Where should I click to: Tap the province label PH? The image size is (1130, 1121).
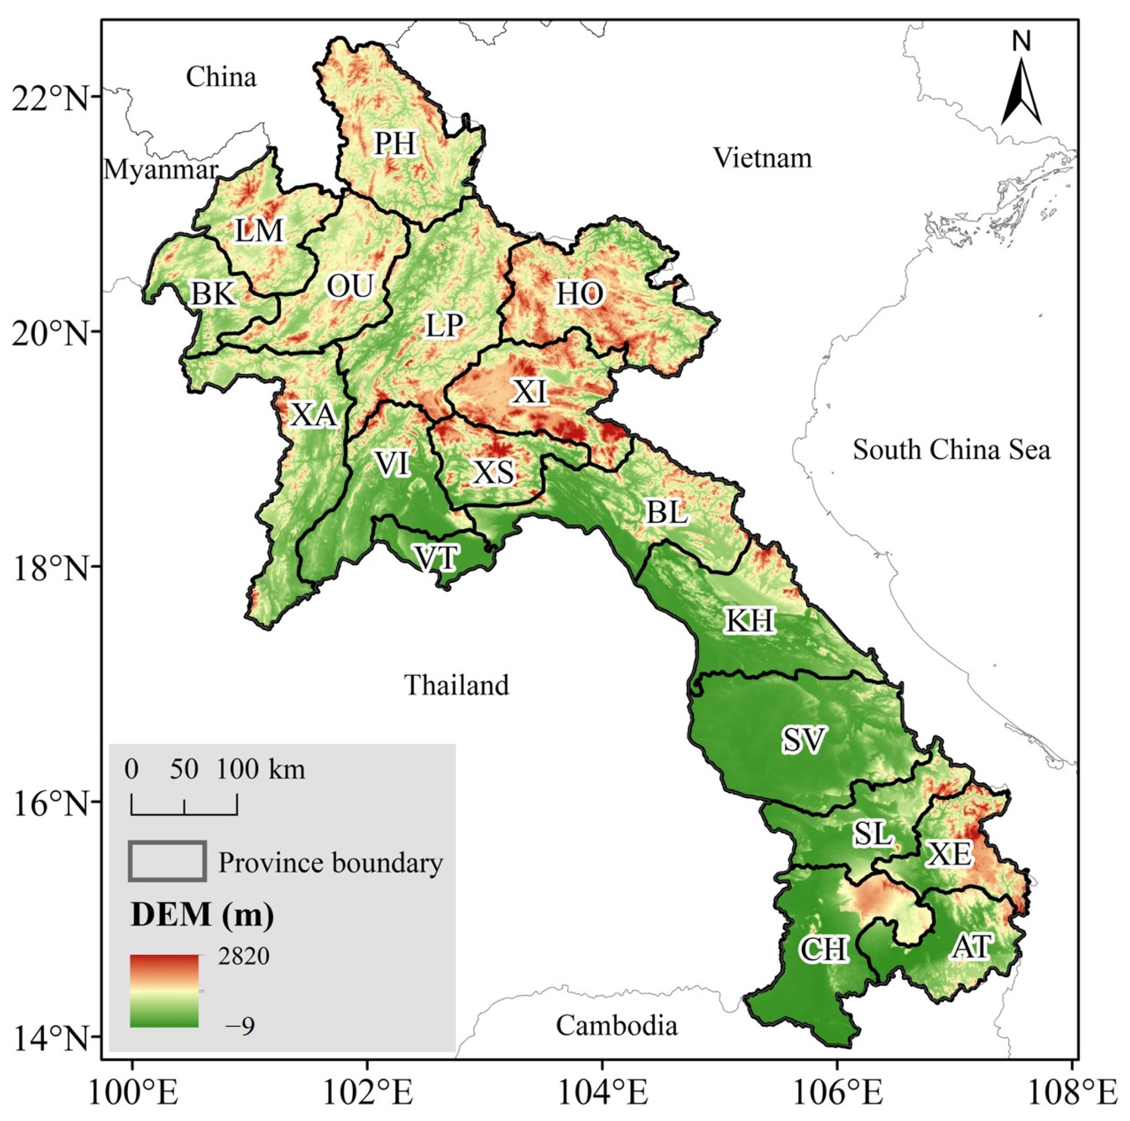click(x=395, y=143)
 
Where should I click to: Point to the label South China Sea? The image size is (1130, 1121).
click(x=951, y=450)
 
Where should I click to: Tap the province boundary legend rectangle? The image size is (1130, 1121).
click(x=168, y=861)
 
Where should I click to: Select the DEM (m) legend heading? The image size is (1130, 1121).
click(x=202, y=915)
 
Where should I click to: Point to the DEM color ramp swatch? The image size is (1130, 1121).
click(x=165, y=991)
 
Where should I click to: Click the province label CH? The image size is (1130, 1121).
click(x=823, y=950)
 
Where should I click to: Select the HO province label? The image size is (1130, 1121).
click(x=579, y=293)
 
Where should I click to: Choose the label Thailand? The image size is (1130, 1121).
click(x=457, y=685)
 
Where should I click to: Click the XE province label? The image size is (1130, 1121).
click(x=949, y=854)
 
